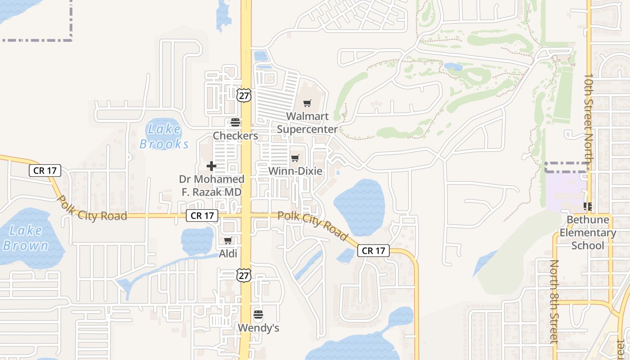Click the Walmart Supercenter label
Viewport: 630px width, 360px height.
coord(307,123)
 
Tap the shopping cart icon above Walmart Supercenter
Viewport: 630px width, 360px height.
coord(307,103)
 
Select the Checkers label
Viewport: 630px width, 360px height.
coord(235,135)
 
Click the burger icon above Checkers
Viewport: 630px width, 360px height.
coord(235,122)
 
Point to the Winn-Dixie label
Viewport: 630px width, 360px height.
coord(295,171)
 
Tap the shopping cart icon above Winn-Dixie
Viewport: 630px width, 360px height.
coord(295,158)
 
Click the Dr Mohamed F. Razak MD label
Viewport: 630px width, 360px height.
coord(211,185)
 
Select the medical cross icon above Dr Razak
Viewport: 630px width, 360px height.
coord(211,166)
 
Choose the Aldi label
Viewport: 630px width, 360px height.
coord(228,254)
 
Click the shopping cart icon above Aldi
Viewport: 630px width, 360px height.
coord(228,241)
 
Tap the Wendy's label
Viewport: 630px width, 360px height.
coord(258,328)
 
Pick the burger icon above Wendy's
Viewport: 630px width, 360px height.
coord(258,315)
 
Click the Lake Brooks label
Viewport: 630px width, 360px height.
coord(164,136)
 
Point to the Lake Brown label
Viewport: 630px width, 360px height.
coord(25,238)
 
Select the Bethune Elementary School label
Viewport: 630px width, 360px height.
coord(588,233)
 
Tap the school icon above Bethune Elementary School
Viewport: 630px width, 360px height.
coord(587,207)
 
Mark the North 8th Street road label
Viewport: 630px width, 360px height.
coord(555,301)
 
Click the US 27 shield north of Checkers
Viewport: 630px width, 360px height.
coord(243,95)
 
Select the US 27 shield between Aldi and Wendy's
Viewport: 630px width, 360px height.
coord(243,275)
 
